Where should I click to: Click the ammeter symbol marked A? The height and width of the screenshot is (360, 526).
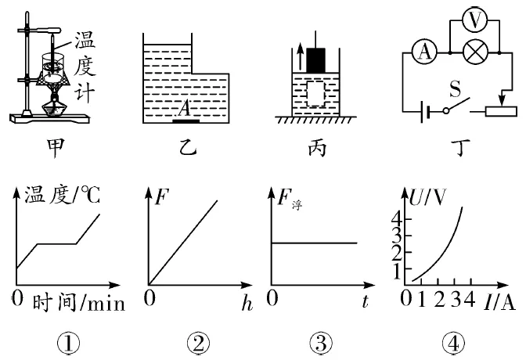(424, 52)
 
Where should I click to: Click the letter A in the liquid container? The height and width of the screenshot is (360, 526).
(185, 110)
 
